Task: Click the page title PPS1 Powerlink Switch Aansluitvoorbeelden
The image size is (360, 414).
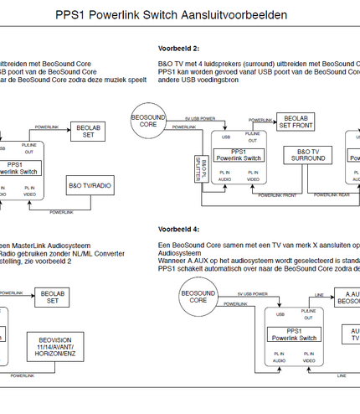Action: point(171,15)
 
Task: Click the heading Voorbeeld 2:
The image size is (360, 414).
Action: point(177,49)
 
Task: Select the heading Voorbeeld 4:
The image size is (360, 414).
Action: point(177,229)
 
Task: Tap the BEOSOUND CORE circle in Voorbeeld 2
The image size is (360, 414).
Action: point(148,119)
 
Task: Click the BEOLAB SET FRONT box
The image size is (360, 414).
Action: point(297,122)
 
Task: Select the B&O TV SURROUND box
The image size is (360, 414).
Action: point(308,155)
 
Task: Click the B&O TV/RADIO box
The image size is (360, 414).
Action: point(89,185)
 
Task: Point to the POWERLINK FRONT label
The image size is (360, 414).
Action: point(277,194)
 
